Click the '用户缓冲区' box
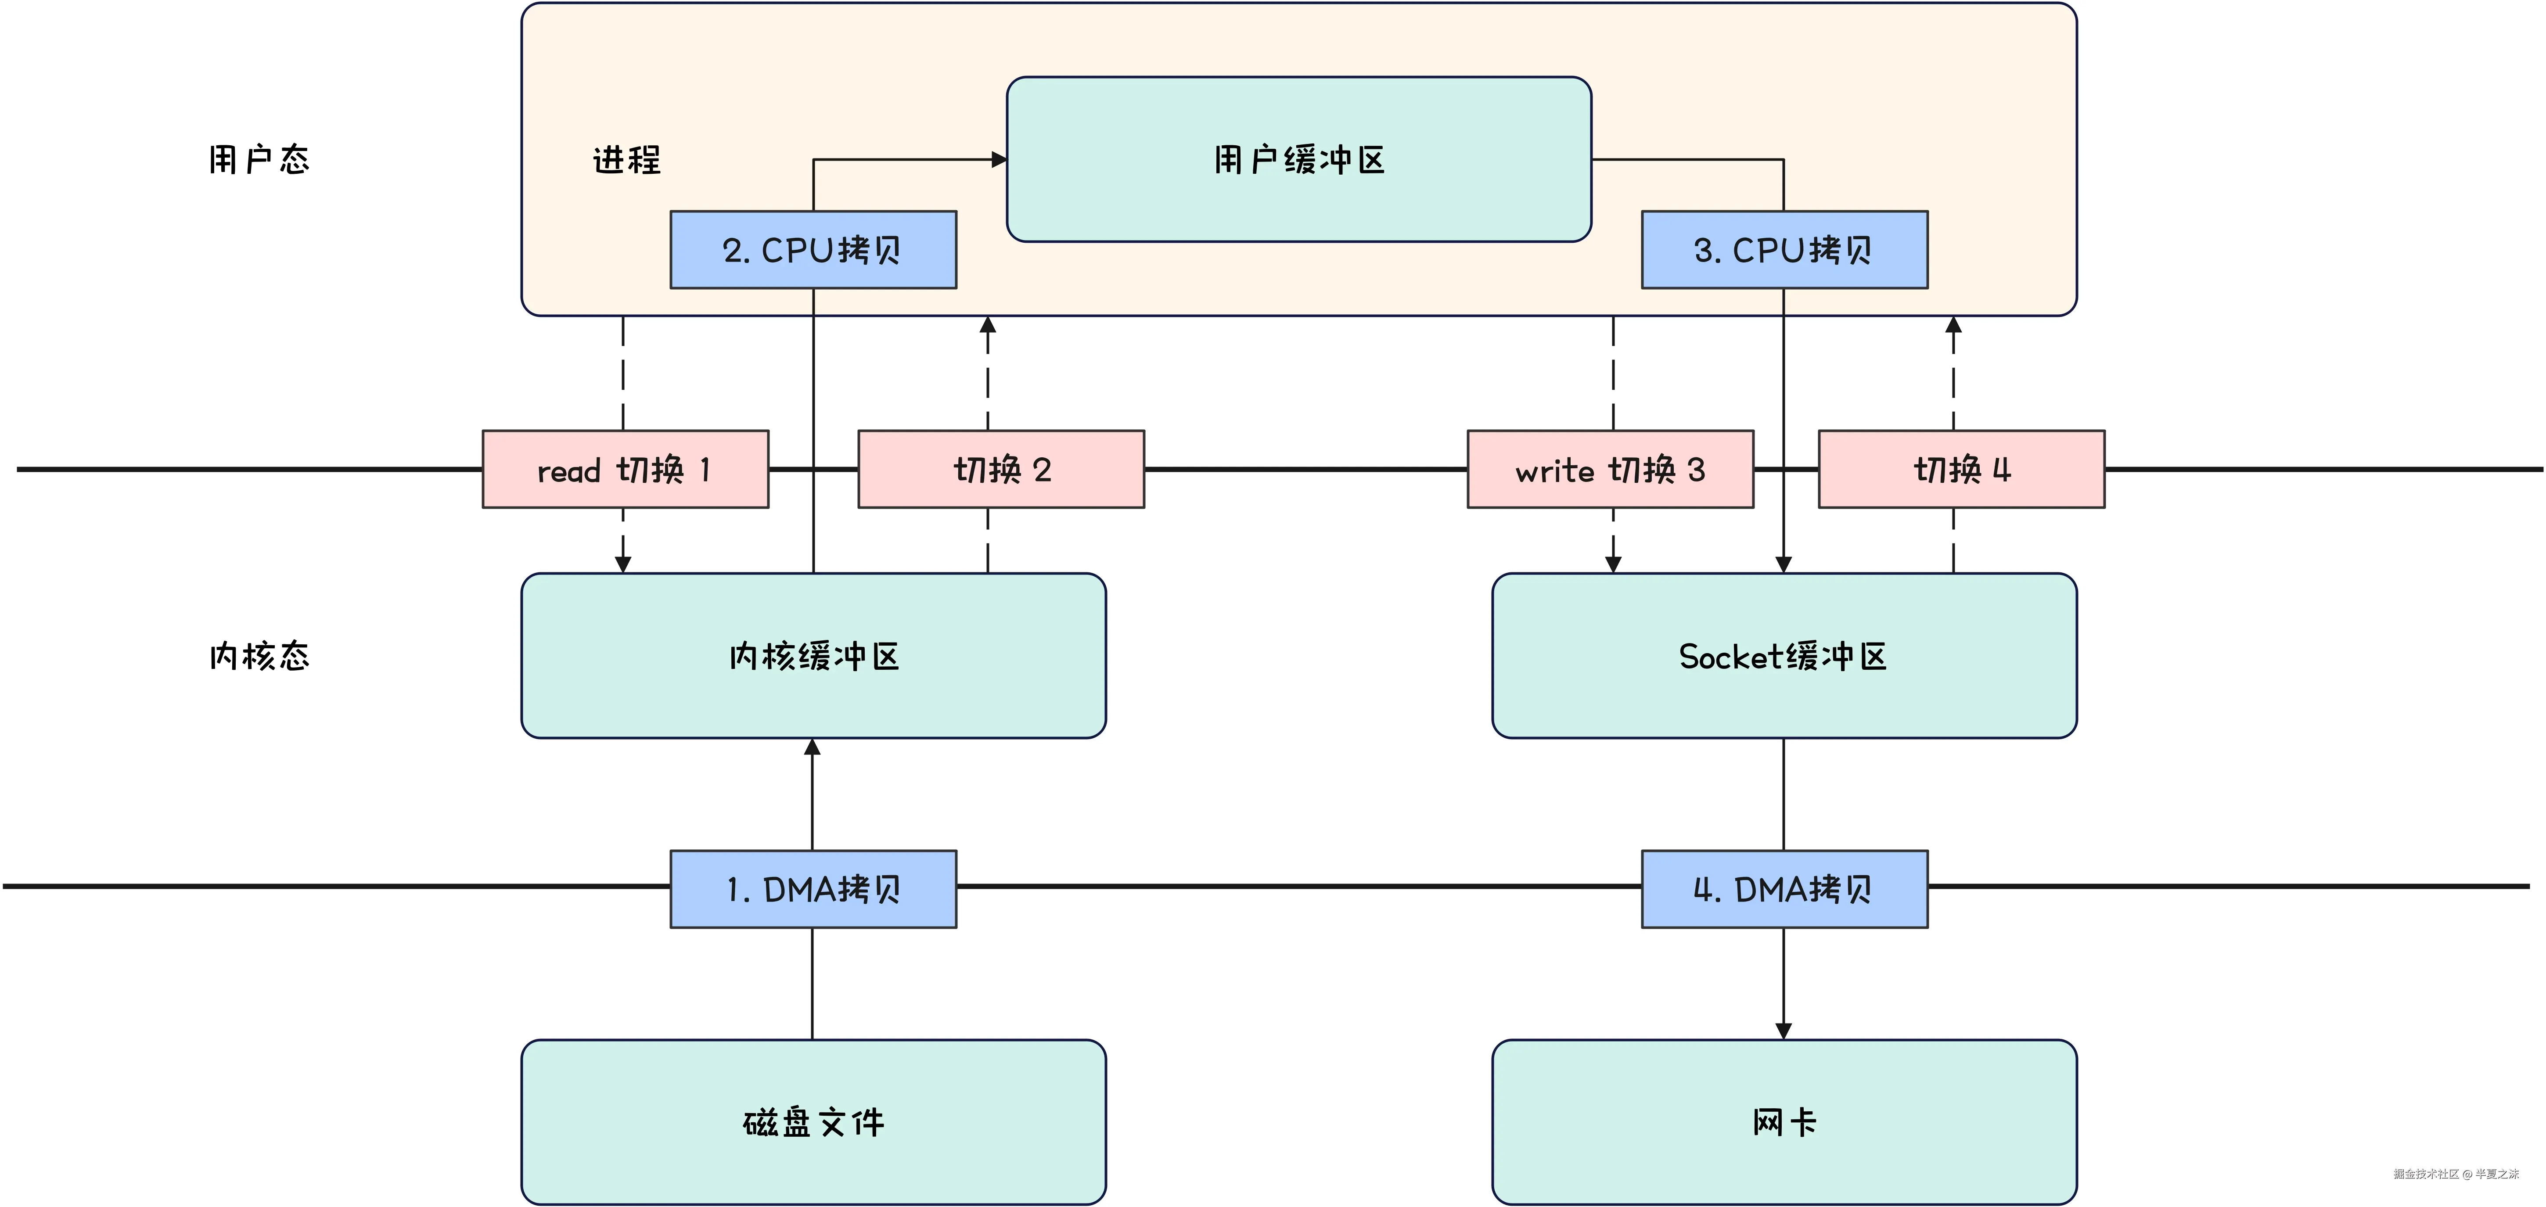click(1299, 159)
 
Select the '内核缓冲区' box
click(813, 655)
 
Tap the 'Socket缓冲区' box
click(1784, 655)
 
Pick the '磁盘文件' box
click(813, 1122)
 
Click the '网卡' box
click(1784, 1122)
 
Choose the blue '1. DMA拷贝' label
click(813, 889)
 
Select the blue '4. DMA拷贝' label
click(1784, 889)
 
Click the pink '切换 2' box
click(1001, 470)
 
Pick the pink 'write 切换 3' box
click(1610, 470)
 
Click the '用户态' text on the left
click(259, 159)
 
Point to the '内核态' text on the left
click(259, 655)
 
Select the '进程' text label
click(626, 159)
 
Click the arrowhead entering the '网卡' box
click(1784, 1031)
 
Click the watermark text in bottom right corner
click(2456, 1175)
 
